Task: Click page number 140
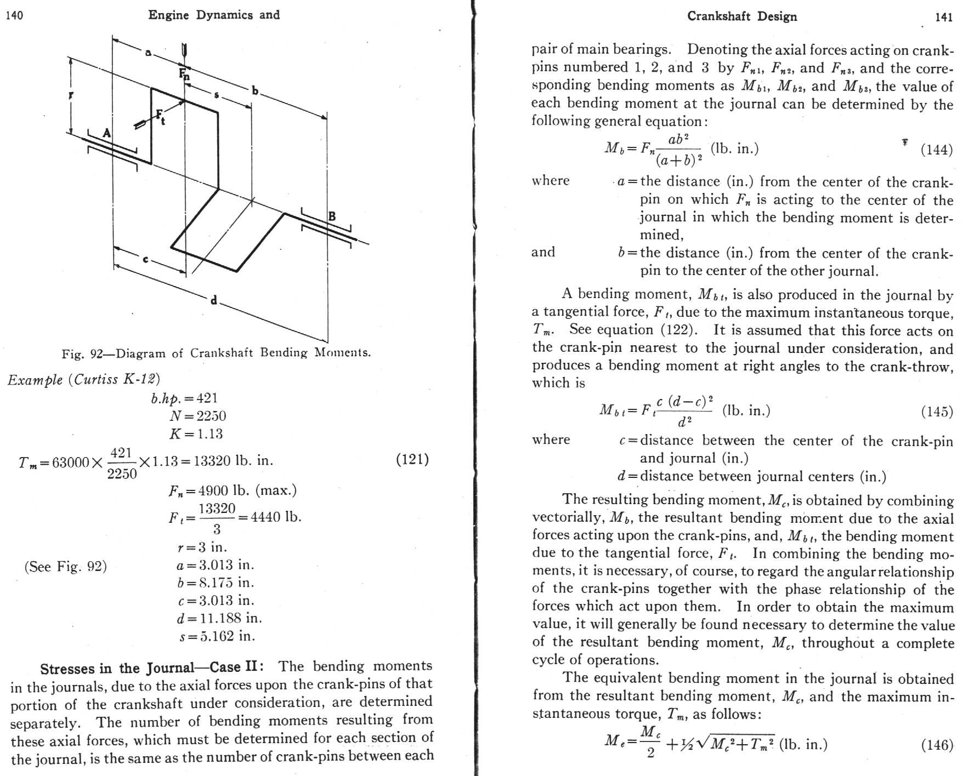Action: click(14, 15)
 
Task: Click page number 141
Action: click(943, 17)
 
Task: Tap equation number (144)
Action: click(937, 150)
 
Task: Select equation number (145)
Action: click(937, 412)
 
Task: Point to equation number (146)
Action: click(937, 745)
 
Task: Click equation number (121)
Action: click(412, 459)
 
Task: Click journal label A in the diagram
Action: click(107, 133)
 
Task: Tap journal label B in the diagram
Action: click(331, 216)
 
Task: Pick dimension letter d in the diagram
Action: click(214, 300)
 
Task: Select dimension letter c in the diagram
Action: click(145, 259)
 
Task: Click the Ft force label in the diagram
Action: click(160, 117)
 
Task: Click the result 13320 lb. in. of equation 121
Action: click(233, 461)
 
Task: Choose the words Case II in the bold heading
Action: click(234, 667)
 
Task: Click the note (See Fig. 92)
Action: click(66, 567)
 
